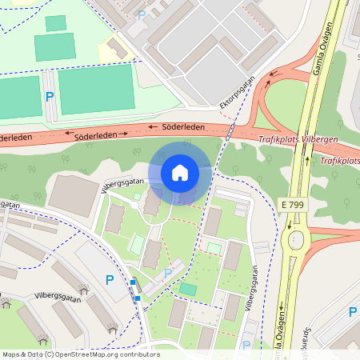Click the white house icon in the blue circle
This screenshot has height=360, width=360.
pyautogui.click(x=180, y=172)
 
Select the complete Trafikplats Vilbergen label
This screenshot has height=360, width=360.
pyautogui.click(x=298, y=139)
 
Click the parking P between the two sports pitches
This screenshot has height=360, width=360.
pyautogui.click(x=49, y=96)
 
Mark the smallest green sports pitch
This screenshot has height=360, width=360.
pyautogui.click(x=56, y=23)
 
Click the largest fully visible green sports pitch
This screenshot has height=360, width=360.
pyautogui.click(x=96, y=88)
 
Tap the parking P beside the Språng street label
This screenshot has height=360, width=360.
pyautogui.click(x=352, y=311)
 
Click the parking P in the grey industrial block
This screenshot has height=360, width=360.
pyautogui.click(x=142, y=14)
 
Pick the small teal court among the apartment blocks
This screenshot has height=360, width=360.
pyautogui.click(x=188, y=288)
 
